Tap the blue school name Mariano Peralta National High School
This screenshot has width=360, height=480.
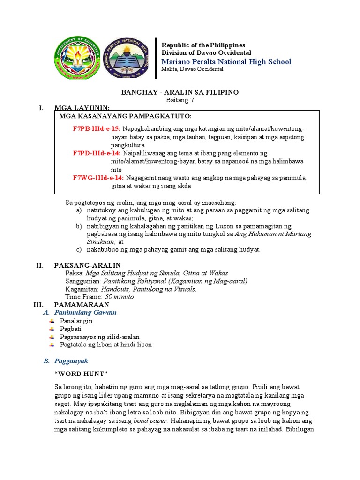pyautogui.click(x=226, y=62)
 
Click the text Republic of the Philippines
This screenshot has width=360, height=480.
pyautogui.click(x=203, y=45)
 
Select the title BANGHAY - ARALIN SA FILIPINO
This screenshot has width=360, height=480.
pyautogui.click(x=180, y=92)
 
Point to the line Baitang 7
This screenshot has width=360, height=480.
pyautogui.click(x=180, y=100)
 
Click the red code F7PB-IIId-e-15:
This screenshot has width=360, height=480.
pyautogui.click(x=97, y=128)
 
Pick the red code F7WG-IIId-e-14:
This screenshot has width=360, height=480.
pyautogui.click(x=97, y=178)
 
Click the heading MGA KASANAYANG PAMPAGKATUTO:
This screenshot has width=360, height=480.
pyautogui.click(x=125, y=116)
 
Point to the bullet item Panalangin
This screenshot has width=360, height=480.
pyautogui.click(x=76, y=321)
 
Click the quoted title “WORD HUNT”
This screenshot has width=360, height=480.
pyautogui.click(x=81, y=374)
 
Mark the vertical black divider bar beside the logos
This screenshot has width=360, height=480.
pyautogui.click(x=156, y=58)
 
